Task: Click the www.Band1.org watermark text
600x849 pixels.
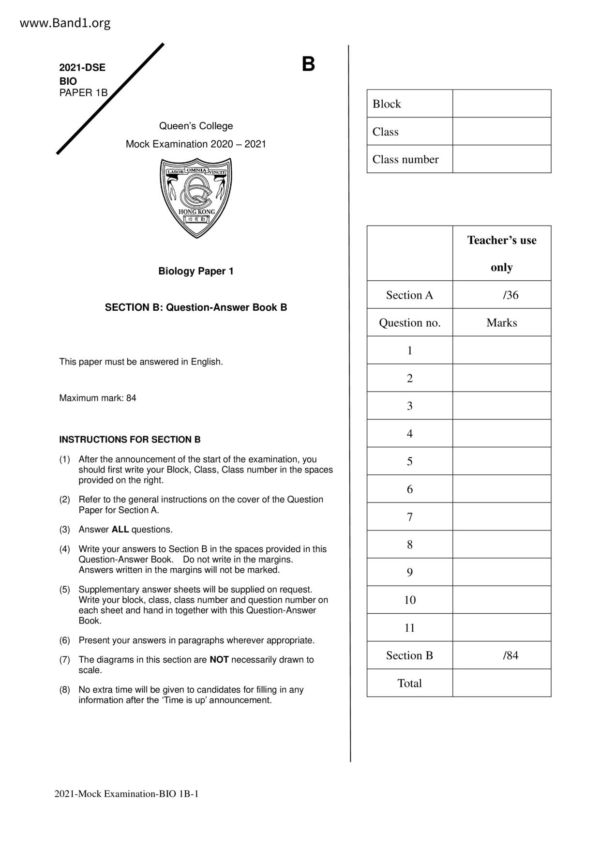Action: point(65,23)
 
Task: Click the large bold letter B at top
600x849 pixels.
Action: point(308,64)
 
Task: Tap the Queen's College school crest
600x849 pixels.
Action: point(196,197)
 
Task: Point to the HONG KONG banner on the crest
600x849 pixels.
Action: point(196,212)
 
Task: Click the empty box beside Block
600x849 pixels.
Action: point(501,104)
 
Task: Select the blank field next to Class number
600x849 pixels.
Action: point(501,159)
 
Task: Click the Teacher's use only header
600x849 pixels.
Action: point(501,253)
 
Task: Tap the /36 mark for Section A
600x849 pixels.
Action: point(510,295)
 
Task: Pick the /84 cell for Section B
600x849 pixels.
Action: point(510,655)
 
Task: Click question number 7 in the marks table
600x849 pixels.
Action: point(410,517)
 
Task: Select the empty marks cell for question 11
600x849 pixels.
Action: point(501,628)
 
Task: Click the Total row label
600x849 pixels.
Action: point(409,683)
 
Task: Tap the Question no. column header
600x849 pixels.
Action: point(409,323)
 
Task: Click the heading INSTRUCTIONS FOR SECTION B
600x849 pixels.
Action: point(130,440)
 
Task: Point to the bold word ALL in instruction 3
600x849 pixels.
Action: point(120,530)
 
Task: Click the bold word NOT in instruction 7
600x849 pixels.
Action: point(219,660)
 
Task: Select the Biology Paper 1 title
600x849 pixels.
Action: point(196,271)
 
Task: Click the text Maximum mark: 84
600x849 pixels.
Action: point(98,398)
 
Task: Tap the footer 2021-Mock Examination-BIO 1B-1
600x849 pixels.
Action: point(126,794)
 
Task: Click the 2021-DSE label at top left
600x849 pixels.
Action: point(82,68)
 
